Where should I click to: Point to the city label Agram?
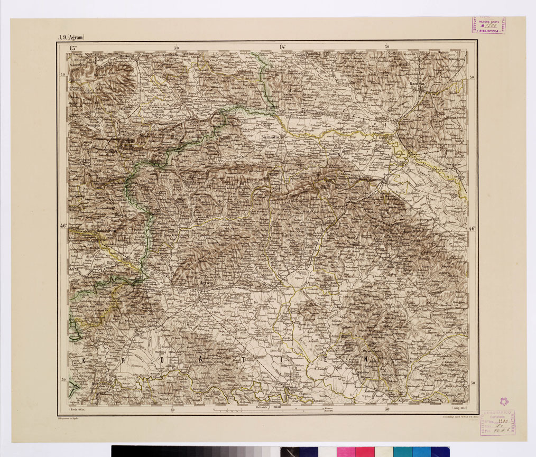pyautogui.click(x=206, y=284)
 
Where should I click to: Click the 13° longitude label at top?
pyautogui.click(x=73, y=48)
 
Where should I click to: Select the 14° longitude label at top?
pyautogui.click(x=282, y=48)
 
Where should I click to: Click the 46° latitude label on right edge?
pyautogui.click(x=472, y=229)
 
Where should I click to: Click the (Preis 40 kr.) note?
pyautogui.click(x=77, y=409)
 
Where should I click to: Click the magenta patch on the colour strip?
pyautogui.click(x=346, y=452)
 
